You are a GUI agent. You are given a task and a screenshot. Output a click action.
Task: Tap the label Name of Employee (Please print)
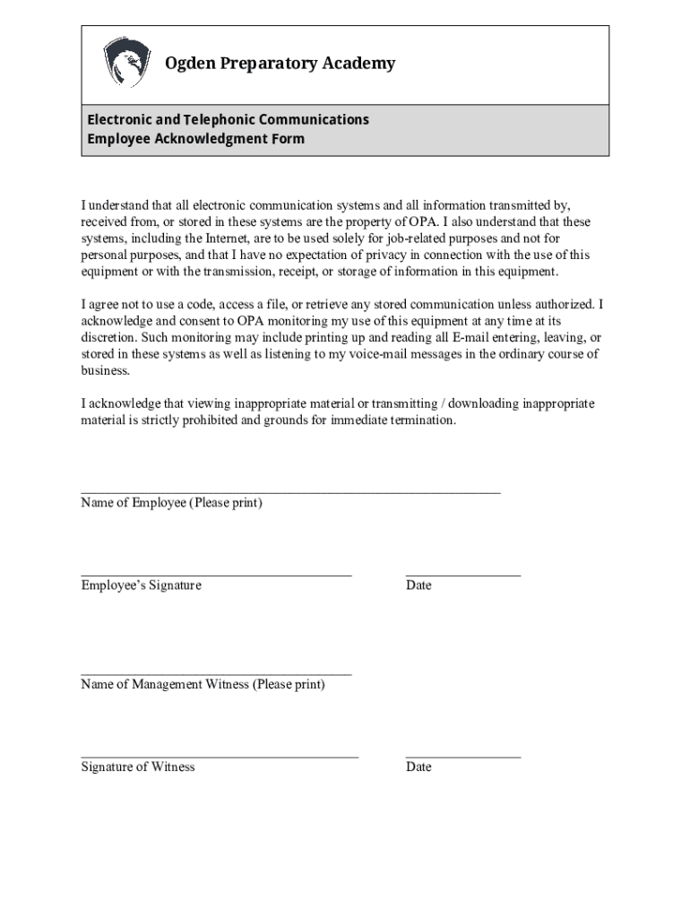[171, 503]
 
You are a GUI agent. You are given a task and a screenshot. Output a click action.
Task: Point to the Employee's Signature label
[141, 585]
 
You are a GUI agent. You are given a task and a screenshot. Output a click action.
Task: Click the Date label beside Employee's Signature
[418, 585]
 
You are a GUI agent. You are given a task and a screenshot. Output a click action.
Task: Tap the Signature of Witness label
[137, 767]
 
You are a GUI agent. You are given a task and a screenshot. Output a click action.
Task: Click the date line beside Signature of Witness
[462, 757]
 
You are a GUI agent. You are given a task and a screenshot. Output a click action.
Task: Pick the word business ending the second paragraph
[105, 371]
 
